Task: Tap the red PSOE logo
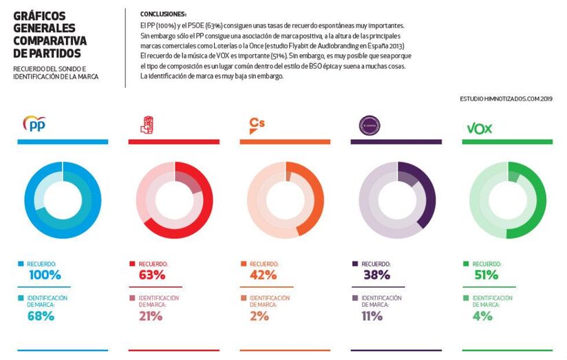click(146, 125)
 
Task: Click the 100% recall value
click(45, 275)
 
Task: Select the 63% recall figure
click(152, 275)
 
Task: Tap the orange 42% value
click(263, 275)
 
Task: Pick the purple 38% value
click(376, 275)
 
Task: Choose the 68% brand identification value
click(41, 317)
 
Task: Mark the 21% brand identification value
click(151, 317)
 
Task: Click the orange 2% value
click(259, 317)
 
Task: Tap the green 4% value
click(482, 317)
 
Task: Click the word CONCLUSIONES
click(163, 14)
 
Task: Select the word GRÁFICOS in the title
click(39, 15)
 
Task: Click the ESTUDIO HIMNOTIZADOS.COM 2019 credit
click(506, 99)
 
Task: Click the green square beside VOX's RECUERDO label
click(466, 264)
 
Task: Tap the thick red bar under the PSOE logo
click(173, 142)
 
